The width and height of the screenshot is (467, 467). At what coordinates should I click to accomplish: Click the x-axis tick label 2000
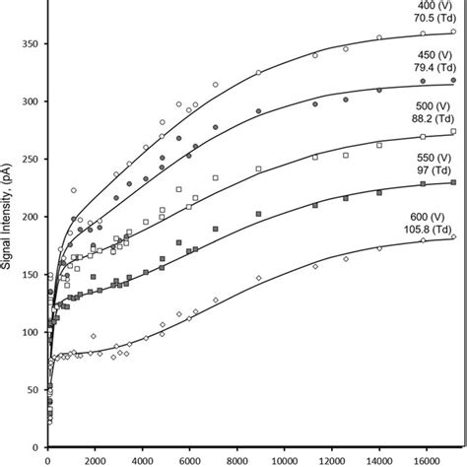(x=96, y=459)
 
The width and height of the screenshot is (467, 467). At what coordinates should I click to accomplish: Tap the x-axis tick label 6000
(x=189, y=459)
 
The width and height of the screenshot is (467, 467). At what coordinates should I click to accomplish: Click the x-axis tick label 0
(x=48, y=459)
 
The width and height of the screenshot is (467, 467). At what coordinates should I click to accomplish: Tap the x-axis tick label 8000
(x=236, y=459)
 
